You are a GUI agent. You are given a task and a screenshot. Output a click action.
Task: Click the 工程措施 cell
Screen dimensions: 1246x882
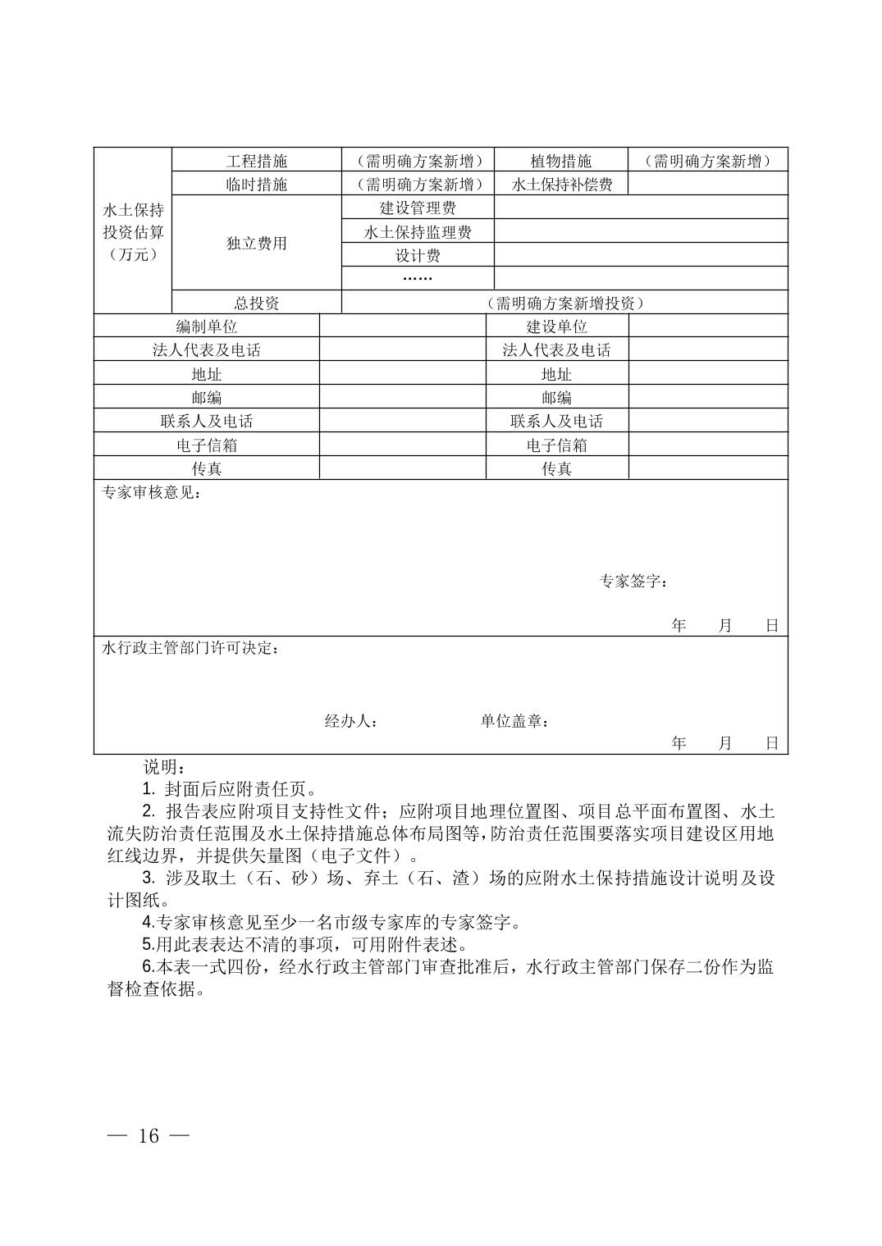[x=257, y=161]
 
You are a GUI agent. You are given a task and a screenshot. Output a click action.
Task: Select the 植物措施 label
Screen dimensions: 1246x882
[x=561, y=161]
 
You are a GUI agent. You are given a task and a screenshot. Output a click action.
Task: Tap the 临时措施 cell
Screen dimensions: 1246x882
[x=257, y=185]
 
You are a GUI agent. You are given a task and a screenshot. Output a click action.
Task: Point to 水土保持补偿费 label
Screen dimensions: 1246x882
[x=561, y=185]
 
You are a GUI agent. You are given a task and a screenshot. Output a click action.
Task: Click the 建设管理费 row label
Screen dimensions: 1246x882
[x=418, y=208]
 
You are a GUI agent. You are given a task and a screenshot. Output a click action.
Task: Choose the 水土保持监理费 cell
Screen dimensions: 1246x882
[x=418, y=232]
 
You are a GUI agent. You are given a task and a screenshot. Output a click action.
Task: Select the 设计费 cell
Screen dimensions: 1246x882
[x=418, y=256]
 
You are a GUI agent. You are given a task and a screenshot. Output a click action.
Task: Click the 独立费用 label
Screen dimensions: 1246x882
[x=257, y=244]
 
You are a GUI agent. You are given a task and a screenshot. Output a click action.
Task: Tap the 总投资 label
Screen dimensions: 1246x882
[x=257, y=303]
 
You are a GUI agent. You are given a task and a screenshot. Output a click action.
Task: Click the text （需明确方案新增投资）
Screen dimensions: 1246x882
[x=564, y=303]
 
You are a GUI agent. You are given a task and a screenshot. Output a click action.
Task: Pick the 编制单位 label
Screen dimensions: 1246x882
[x=207, y=326]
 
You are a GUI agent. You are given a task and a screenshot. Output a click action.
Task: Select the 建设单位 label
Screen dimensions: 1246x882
[x=557, y=326]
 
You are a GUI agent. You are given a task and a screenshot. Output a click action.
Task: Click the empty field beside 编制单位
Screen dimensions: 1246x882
[x=402, y=326]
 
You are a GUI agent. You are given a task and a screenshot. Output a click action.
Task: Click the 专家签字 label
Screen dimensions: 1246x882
[x=633, y=582]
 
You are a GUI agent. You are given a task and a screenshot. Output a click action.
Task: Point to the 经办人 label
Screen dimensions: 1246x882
[x=351, y=722]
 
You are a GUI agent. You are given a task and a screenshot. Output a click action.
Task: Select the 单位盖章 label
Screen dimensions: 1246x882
[x=514, y=722]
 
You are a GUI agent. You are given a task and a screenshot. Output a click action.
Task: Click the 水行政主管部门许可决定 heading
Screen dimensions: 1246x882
[x=189, y=649]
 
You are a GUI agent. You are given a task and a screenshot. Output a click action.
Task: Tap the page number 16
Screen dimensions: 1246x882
[x=149, y=1136]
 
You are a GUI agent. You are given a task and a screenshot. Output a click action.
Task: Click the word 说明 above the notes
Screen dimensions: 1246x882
[x=164, y=768]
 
